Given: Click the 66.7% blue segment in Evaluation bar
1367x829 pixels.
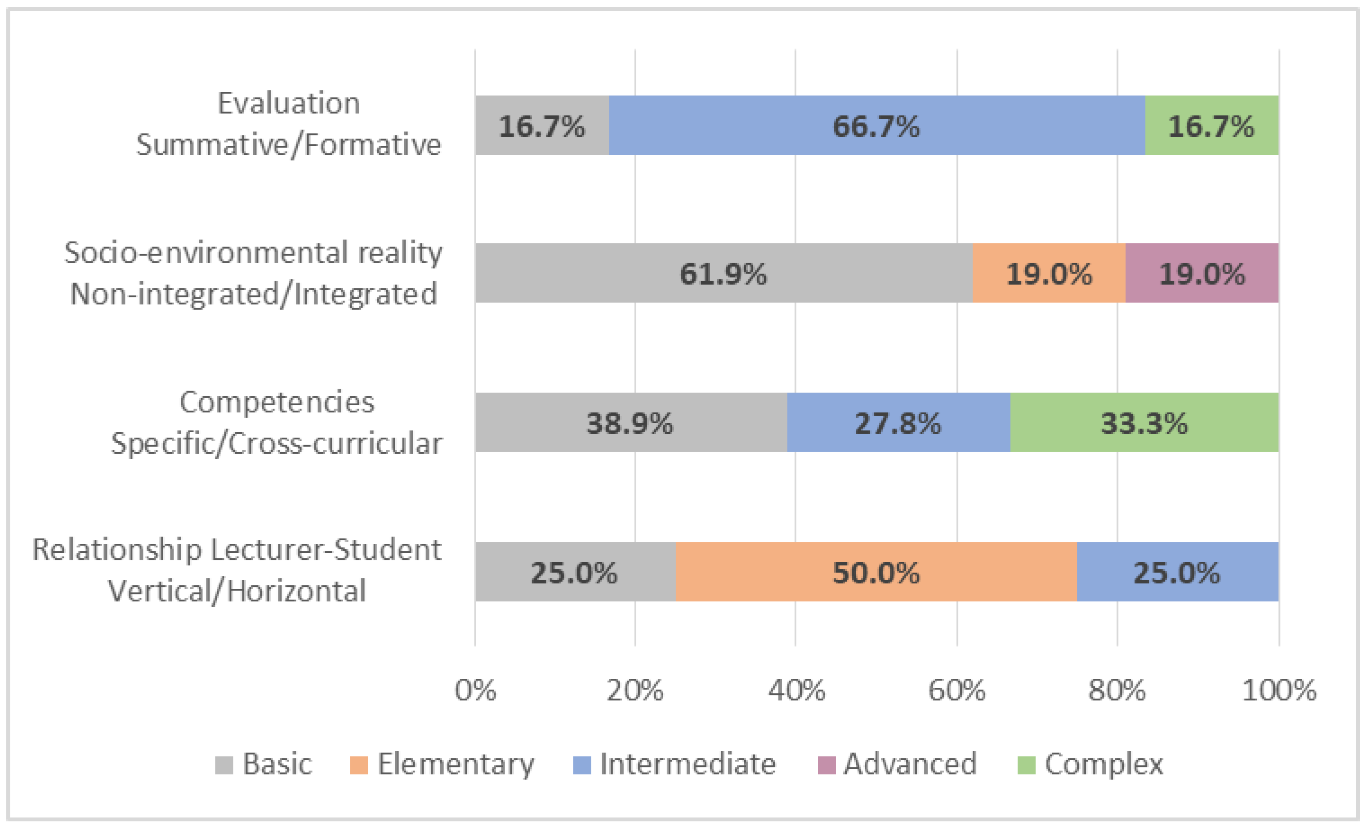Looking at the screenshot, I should click(876, 125).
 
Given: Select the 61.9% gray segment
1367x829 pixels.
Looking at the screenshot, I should click(724, 273).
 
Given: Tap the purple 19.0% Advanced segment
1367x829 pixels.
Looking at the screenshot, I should click(1202, 273).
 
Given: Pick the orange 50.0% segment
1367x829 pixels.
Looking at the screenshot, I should click(876, 572).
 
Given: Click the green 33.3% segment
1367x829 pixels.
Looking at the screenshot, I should click(1144, 422).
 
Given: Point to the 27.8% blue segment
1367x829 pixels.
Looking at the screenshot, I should click(898, 422).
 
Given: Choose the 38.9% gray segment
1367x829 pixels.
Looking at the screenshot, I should click(630, 422).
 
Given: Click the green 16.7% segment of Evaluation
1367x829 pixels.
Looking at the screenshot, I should click(1211, 125).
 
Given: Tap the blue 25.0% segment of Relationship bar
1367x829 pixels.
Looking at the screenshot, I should click(1177, 572).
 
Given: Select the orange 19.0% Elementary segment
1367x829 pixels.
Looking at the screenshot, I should click(1049, 273).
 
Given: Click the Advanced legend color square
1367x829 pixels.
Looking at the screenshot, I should click(826, 765).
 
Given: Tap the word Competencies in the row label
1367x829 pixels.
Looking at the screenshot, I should click(276, 402).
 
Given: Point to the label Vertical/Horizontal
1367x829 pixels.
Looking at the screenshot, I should click(237, 591).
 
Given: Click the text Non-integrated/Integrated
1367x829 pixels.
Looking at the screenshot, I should click(254, 294).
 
